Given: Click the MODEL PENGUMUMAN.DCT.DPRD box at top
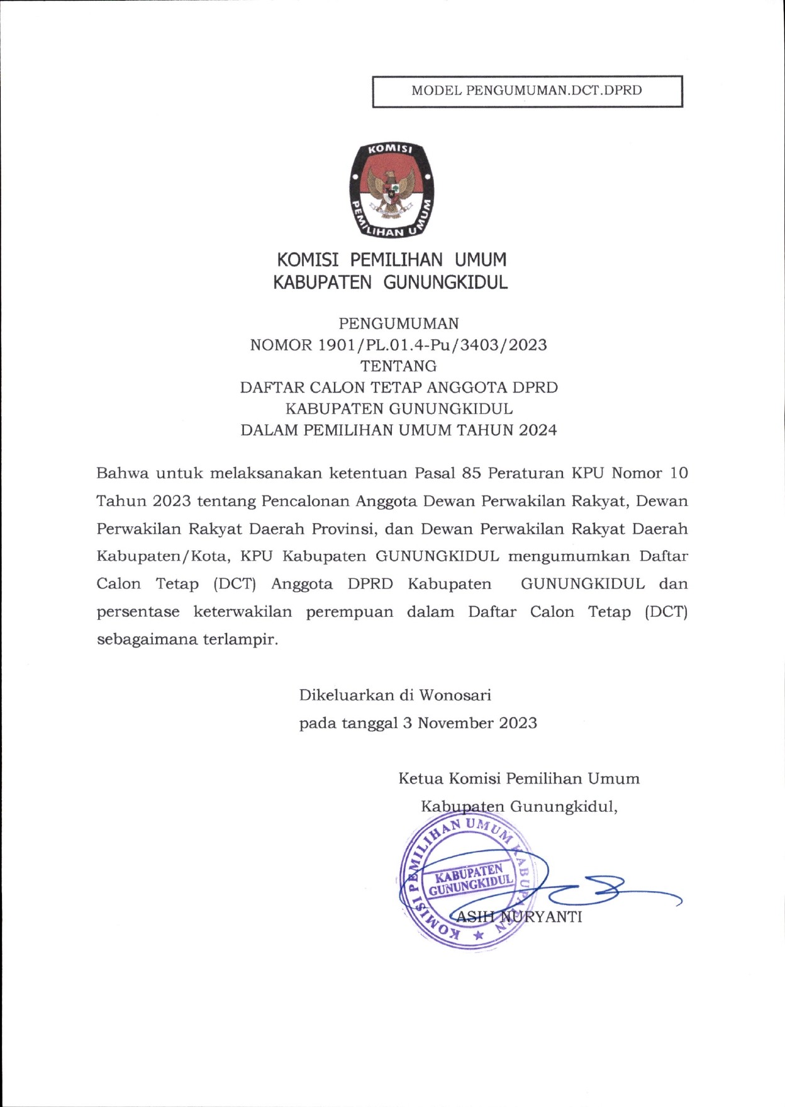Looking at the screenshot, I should coord(527,91).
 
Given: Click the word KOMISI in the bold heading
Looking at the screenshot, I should coord(308,260).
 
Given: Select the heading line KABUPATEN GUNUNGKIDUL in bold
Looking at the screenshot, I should coord(390,283).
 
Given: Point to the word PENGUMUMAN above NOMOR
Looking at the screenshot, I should coord(399,323).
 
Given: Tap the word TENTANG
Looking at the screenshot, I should coord(399,366).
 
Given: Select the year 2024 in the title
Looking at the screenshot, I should coord(538,430).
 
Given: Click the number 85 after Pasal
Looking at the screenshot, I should coord(472,473).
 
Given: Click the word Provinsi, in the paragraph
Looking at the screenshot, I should coord(344,529).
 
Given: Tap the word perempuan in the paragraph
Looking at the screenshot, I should coord(349,612).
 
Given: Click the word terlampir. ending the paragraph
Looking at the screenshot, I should coord(240,640).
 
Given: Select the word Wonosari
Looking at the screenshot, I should coord(455,695).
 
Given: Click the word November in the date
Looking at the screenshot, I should coord(455,723).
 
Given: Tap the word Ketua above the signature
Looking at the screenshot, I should coord(420,779).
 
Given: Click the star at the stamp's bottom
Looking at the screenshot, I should coord(478,936).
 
